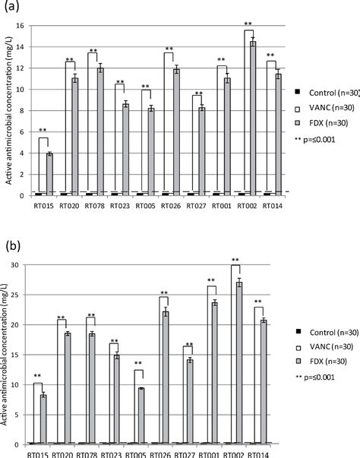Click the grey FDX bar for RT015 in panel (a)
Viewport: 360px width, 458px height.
pyautogui.click(x=49, y=175)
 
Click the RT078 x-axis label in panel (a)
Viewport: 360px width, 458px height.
pyautogui.click(x=93, y=204)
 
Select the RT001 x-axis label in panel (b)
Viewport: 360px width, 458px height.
pyautogui.click(x=217, y=453)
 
